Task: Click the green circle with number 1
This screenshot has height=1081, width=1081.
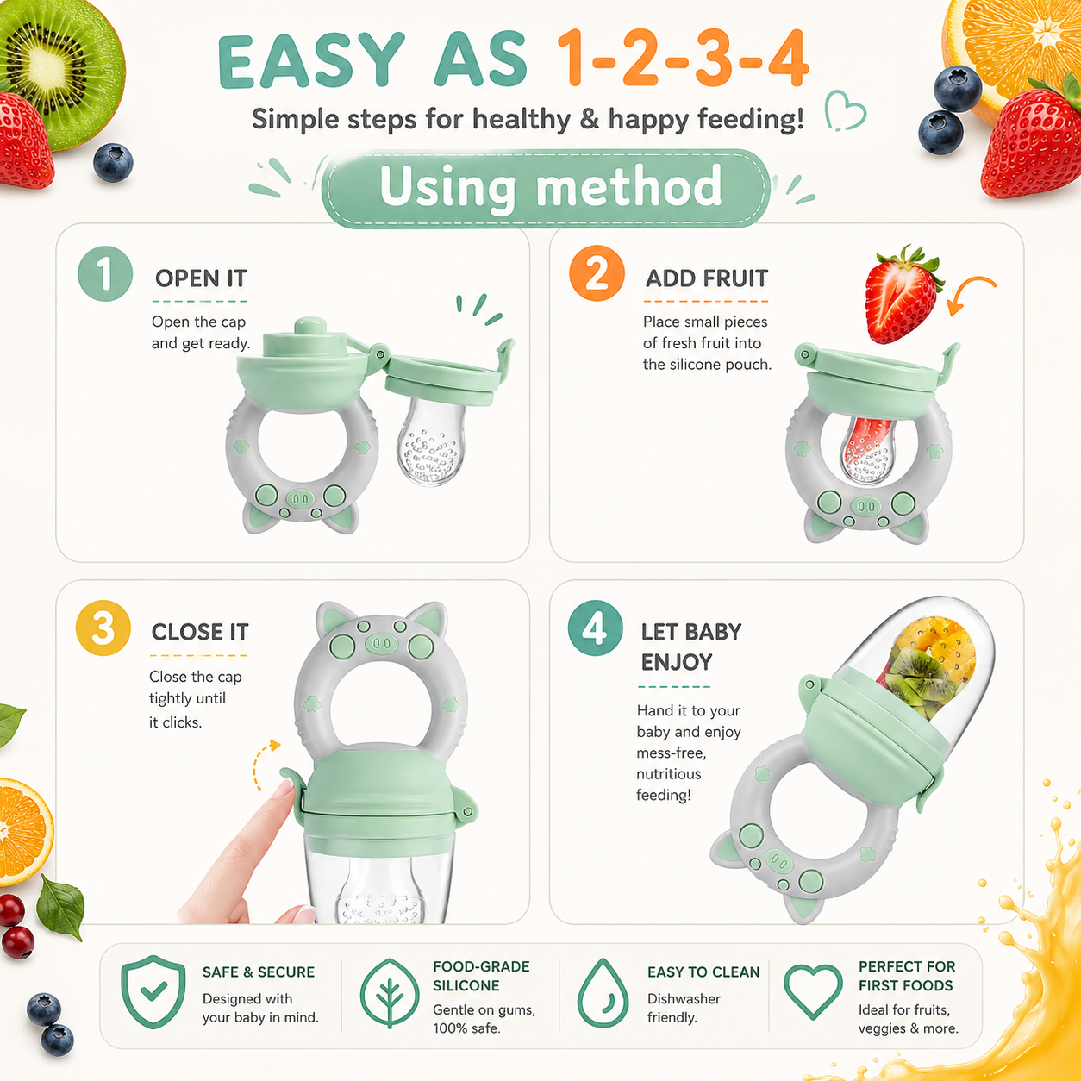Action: click(x=105, y=273)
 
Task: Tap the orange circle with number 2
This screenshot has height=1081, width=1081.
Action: click(x=597, y=273)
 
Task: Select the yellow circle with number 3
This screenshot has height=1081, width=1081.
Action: click(x=103, y=628)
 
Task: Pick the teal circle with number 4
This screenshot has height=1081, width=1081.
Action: click(x=595, y=628)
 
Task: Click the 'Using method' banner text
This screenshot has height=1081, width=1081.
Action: click(x=550, y=187)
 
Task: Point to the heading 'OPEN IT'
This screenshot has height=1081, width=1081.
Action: click(x=201, y=278)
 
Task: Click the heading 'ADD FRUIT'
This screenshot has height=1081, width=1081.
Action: click(x=707, y=278)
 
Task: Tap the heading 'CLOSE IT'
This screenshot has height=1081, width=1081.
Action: click(x=200, y=632)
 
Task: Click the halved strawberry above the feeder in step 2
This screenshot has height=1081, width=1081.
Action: click(x=902, y=295)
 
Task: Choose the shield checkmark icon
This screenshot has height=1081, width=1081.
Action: click(x=153, y=992)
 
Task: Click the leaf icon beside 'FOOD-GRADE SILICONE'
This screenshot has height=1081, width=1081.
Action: click(x=390, y=993)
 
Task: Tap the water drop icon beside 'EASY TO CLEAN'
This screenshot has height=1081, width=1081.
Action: click(x=603, y=993)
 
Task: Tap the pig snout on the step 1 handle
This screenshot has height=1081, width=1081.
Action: click(x=301, y=497)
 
